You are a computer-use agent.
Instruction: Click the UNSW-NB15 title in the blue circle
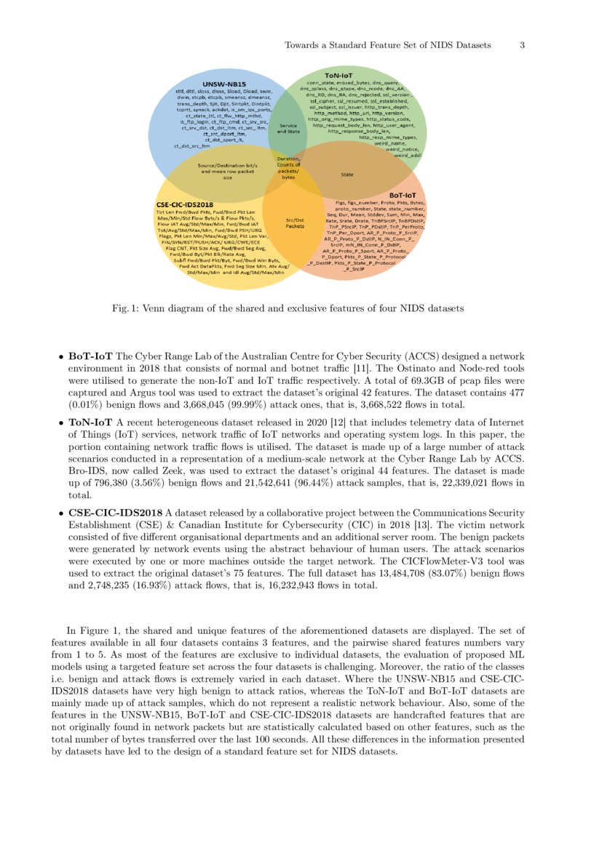224,84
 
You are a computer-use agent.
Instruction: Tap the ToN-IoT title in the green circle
338,76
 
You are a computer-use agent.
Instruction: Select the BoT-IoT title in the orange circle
403,195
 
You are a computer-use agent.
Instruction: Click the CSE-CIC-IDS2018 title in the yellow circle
184,205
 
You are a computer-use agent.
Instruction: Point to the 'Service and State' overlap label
288,128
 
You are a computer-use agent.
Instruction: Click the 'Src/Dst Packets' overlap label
295,223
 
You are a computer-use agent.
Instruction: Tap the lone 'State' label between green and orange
347,175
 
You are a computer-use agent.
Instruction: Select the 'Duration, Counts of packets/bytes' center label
288,168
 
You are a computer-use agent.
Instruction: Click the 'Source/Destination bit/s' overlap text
227,165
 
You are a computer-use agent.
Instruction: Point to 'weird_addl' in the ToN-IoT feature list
407,155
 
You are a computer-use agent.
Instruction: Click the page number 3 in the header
522,45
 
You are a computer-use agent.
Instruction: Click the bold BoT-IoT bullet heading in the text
90,357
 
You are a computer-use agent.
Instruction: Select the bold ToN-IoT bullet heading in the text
90,422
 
